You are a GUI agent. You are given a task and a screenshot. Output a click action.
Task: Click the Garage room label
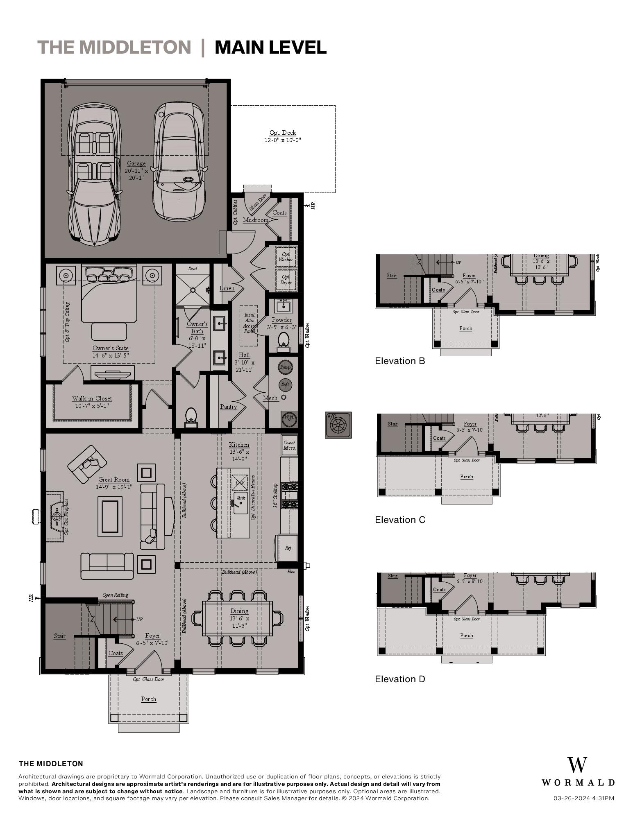click(136, 164)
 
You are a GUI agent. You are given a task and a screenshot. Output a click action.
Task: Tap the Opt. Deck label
click(283, 133)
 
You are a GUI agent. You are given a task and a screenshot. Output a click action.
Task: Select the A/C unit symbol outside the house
click(338, 425)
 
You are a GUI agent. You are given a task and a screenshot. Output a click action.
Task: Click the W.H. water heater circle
click(289, 418)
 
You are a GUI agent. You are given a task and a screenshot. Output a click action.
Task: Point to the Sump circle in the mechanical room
click(285, 367)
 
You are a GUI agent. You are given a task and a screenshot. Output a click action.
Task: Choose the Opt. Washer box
click(286, 257)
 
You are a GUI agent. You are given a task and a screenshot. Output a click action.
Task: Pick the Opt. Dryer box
click(286, 280)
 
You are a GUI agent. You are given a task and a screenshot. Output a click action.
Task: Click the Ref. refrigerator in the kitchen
click(288, 548)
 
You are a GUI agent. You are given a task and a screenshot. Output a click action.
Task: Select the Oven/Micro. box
click(289, 445)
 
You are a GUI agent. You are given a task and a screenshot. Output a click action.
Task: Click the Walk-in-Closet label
click(92, 398)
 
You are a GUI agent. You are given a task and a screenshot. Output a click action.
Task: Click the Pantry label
click(228, 407)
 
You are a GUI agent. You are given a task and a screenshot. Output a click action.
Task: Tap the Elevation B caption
click(400, 361)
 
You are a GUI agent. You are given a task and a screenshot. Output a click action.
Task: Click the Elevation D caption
click(400, 679)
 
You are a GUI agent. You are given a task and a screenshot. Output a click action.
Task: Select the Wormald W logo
click(577, 765)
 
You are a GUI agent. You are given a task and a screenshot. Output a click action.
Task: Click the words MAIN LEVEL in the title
click(270, 48)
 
